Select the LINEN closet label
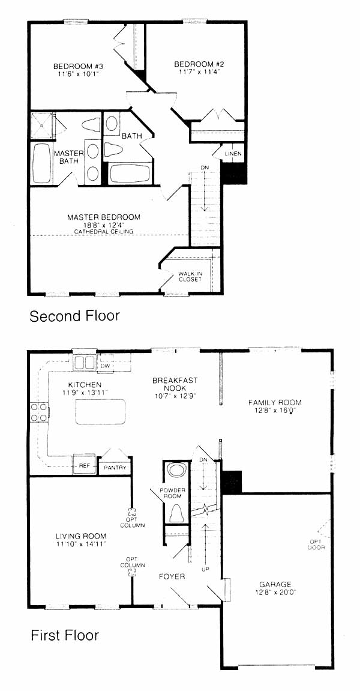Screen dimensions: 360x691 [232, 154]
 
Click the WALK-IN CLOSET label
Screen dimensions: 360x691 [190, 276]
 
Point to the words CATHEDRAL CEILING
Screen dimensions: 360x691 [104, 231]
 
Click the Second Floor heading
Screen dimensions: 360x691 [74, 316]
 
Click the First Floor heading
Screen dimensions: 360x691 [64, 636]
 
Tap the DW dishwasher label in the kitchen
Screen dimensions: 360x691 [104, 366]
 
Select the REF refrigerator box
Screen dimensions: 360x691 [84, 465]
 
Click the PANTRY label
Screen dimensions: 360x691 [115, 468]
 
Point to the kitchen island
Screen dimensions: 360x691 [100, 412]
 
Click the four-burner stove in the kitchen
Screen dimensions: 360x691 [39, 412]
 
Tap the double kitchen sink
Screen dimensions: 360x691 [84, 363]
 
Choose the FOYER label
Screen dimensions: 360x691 [172, 576]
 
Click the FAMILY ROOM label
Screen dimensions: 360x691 [275, 402]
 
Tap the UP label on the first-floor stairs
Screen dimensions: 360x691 [205, 570]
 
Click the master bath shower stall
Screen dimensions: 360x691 [43, 125]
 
